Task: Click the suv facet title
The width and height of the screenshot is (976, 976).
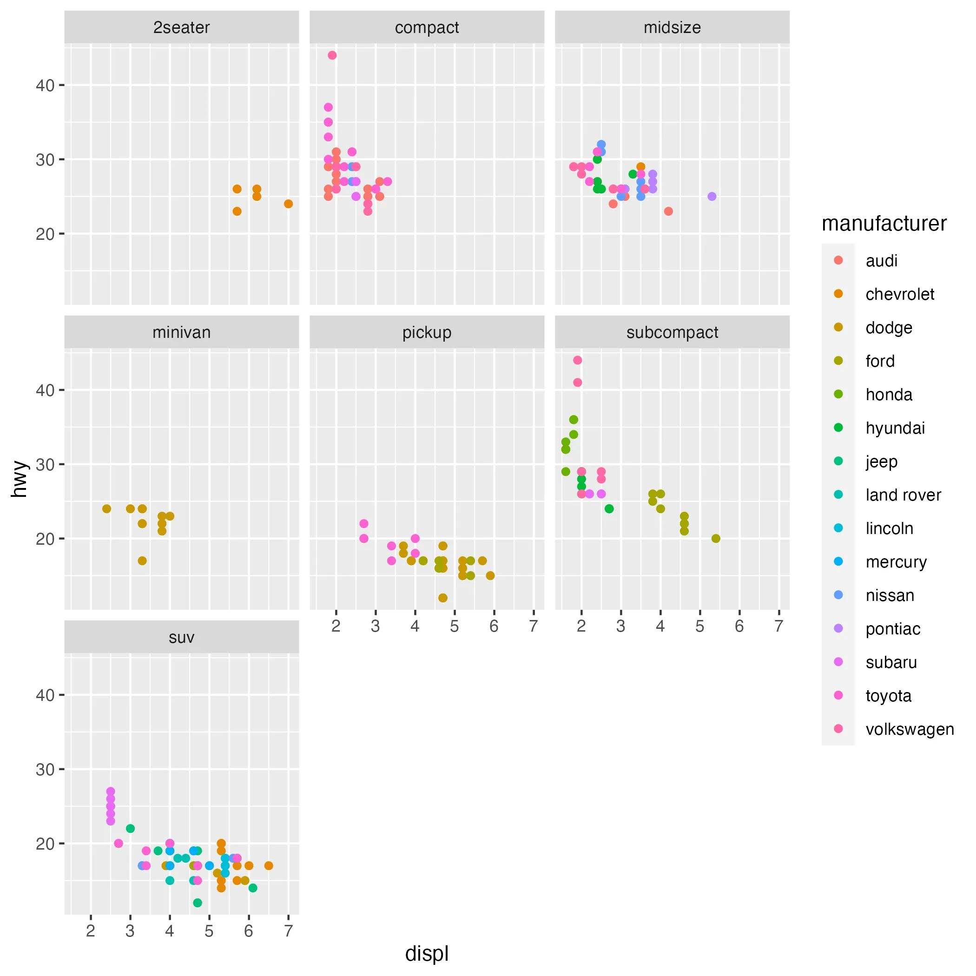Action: click(x=181, y=638)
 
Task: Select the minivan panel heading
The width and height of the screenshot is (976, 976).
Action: click(x=181, y=332)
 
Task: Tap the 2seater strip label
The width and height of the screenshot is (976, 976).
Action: click(x=181, y=27)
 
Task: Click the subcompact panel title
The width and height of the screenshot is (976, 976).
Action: click(x=672, y=332)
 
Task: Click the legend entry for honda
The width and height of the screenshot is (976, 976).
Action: click(x=889, y=395)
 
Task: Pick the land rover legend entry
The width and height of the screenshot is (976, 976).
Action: click(x=903, y=495)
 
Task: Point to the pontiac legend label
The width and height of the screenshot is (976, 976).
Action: click(x=893, y=629)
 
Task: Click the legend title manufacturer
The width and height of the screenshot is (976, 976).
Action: click(x=884, y=223)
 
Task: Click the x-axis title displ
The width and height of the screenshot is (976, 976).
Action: click(x=427, y=953)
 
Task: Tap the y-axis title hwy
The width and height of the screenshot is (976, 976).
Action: click(x=19, y=478)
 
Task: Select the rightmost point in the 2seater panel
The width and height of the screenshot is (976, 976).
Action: click(x=289, y=204)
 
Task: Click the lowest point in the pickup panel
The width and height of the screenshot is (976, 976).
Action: click(x=443, y=598)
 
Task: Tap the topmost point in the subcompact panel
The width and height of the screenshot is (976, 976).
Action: click(x=577, y=360)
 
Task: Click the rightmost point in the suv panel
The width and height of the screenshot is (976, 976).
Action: click(x=269, y=866)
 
